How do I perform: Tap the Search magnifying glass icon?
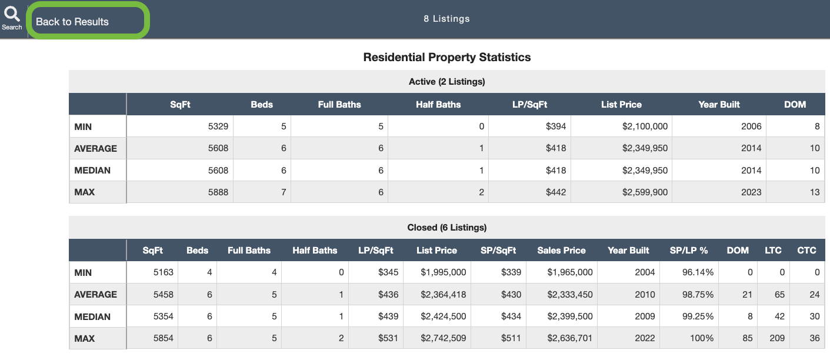pyautogui.click(x=12, y=14)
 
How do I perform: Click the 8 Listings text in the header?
pyautogui.click(x=446, y=19)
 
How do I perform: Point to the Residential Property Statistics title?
pyautogui.click(x=447, y=57)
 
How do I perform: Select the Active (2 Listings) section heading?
pyautogui.click(x=447, y=82)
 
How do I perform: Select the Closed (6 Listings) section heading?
pyautogui.click(x=447, y=228)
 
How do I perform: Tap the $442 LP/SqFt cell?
pyautogui.click(x=556, y=192)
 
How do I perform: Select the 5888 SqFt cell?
pyautogui.click(x=217, y=192)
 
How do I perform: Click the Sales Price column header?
pyautogui.click(x=561, y=251)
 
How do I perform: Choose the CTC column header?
pyautogui.click(x=806, y=251)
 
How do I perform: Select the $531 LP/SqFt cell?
pyautogui.click(x=388, y=339)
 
